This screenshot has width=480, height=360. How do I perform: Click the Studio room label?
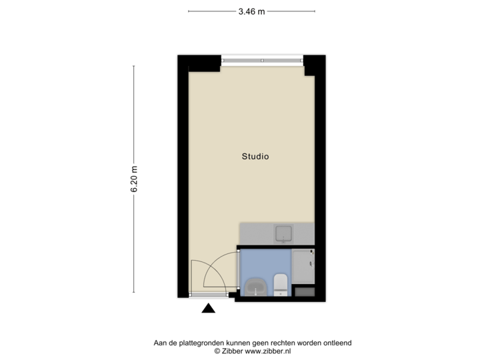click(255, 157)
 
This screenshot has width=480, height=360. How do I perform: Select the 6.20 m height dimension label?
click(134, 179)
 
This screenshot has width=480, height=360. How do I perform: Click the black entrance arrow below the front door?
click(209, 308)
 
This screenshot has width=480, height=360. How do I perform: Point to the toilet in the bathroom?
click(280, 284)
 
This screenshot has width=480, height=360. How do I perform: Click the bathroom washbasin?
click(256, 288)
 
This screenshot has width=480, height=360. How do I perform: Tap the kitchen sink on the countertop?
click(284, 233)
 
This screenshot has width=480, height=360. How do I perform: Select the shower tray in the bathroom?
click(303, 267)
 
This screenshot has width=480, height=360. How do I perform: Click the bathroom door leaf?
click(238, 269)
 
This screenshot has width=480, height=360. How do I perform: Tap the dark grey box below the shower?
click(305, 291)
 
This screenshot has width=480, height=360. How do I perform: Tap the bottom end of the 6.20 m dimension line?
click(134, 292)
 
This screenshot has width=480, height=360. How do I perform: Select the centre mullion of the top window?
click(262, 61)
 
